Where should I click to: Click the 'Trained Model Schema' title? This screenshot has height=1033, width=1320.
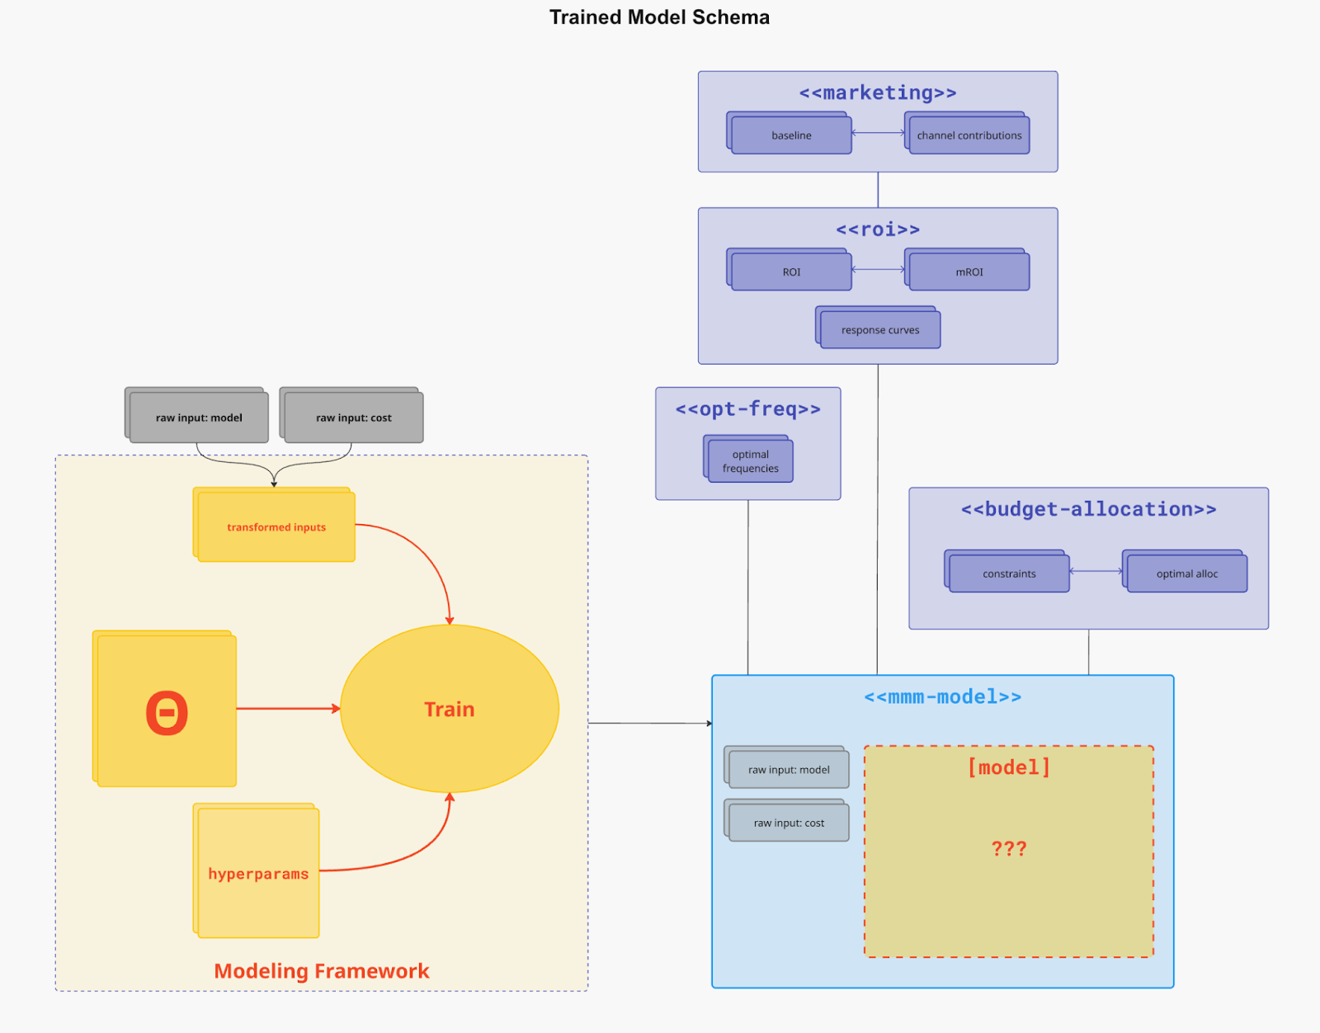click(x=659, y=17)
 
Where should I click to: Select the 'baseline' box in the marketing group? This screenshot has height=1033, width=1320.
click(x=791, y=135)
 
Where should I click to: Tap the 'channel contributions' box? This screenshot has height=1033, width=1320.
click(x=969, y=135)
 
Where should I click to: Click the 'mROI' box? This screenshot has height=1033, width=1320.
click(x=969, y=271)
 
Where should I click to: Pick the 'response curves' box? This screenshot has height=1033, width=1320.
click(x=879, y=330)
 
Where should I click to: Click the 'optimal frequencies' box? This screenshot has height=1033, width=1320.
click(x=750, y=461)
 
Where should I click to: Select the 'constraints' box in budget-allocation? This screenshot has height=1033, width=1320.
click(x=1008, y=573)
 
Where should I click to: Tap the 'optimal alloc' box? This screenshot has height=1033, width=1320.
click(x=1186, y=573)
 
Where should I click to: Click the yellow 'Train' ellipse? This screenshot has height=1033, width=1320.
click(x=449, y=709)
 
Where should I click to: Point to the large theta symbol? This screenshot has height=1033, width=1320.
click(x=167, y=712)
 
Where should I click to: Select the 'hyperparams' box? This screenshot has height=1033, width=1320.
click(x=258, y=873)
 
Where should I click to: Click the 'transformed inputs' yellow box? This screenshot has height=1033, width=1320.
click(x=276, y=527)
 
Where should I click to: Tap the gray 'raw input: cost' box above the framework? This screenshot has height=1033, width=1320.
click(x=353, y=417)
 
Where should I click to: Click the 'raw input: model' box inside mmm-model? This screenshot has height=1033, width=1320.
click(x=789, y=770)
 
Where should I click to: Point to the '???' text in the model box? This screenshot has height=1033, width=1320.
click(x=1008, y=848)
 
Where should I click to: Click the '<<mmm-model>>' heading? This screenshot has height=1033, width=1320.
click(x=942, y=697)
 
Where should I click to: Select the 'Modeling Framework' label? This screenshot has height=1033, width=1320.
click(x=321, y=971)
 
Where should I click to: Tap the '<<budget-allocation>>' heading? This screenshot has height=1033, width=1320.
click(x=1088, y=509)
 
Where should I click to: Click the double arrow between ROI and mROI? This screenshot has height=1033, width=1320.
click(x=878, y=269)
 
